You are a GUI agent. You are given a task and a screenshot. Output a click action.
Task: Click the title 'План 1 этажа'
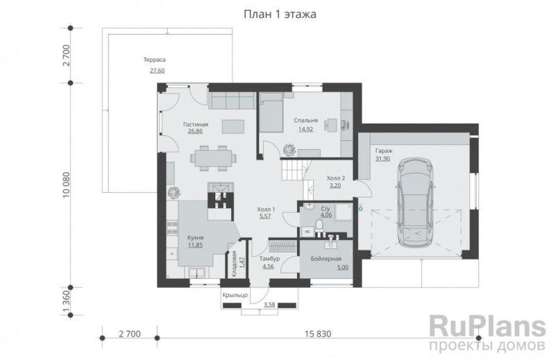click(x=279, y=15)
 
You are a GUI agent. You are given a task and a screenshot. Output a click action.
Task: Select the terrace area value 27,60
click(x=157, y=70)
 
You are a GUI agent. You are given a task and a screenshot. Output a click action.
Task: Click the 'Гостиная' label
click(x=196, y=123)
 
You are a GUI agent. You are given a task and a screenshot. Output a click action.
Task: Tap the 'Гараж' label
click(x=383, y=150)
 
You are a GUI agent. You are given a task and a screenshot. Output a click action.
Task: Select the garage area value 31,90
click(x=382, y=158)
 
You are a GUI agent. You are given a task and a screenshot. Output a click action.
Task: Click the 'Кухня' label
click(x=195, y=237)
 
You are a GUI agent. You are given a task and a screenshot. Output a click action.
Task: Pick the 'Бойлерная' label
click(x=325, y=257)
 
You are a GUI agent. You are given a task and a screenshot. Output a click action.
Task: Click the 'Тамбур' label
click(x=270, y=257)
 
